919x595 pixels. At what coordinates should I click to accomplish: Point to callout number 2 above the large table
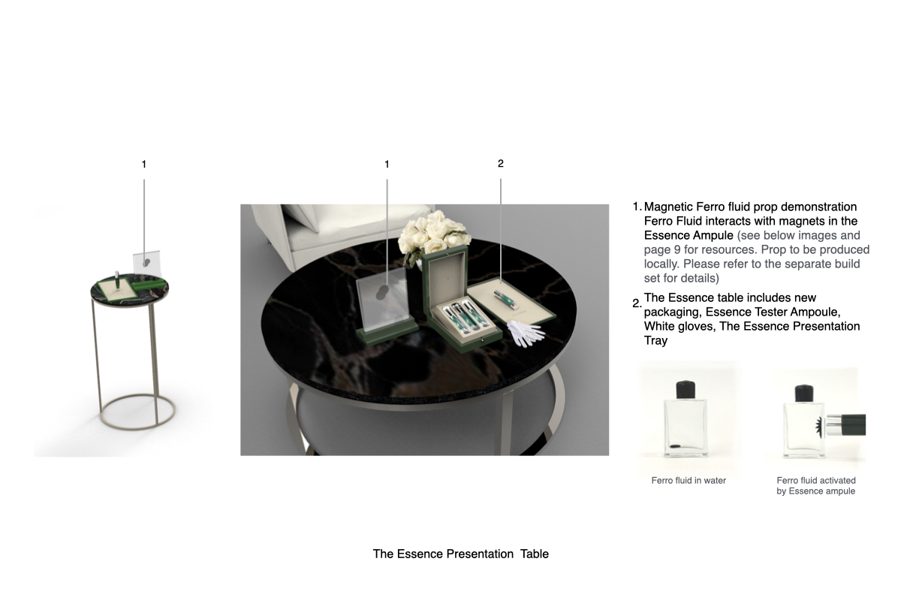coord(501,164)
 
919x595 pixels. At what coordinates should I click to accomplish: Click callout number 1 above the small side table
coord(144,164)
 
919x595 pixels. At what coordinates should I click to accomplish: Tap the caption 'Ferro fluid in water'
coord(688,481)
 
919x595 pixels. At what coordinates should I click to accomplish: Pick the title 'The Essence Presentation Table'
coord(460,554)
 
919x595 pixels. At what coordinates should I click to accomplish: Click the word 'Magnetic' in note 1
coord(667,207)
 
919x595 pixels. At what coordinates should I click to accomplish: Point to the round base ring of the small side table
coord(137,410)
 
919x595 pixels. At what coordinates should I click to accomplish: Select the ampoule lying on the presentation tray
coord(507,299)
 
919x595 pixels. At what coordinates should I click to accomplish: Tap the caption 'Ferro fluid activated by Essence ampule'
coord(816,486)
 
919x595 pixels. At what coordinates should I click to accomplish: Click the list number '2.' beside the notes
coord(637,304)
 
